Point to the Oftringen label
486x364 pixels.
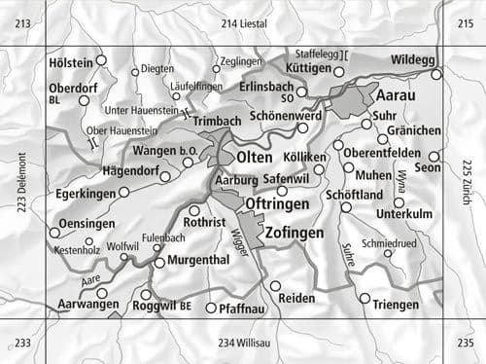[278, 204]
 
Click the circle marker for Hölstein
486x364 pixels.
[101, 60]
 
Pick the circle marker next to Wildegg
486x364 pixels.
[436, 74]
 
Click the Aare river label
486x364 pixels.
[91, 280]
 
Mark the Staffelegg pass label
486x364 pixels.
[316, 51]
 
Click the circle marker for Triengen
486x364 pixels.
[364, 299]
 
